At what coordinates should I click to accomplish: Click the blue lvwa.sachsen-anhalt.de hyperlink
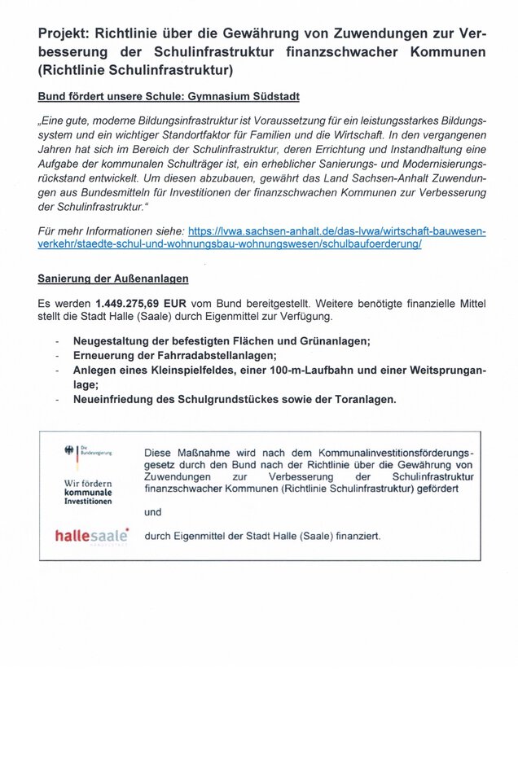click(310, 238)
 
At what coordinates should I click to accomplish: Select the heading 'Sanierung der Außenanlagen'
click(113, 278)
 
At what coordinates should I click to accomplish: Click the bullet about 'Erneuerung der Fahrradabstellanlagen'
click(174, 356)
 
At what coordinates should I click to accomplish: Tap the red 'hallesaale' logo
click(91, 535)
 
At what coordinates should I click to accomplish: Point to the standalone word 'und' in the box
click(152, 512)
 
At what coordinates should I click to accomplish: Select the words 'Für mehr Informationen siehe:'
click(111, 231)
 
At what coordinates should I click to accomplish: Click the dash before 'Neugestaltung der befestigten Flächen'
click(56, 341)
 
